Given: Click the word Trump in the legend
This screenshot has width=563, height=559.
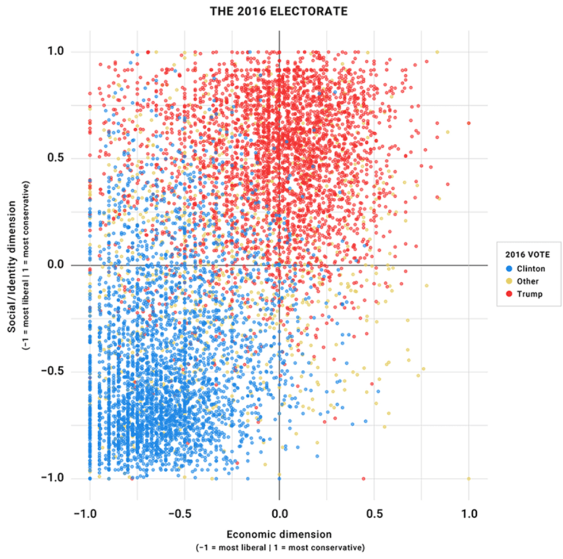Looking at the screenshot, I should coord(529,294).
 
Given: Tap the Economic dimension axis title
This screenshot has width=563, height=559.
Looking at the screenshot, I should coord(279,534).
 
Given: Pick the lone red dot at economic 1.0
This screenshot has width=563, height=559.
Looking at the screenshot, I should coord(469,123).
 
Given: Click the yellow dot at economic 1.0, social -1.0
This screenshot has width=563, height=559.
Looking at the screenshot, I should coord(469,478).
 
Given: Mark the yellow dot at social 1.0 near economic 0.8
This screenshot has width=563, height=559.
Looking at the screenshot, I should coord(437,52).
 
